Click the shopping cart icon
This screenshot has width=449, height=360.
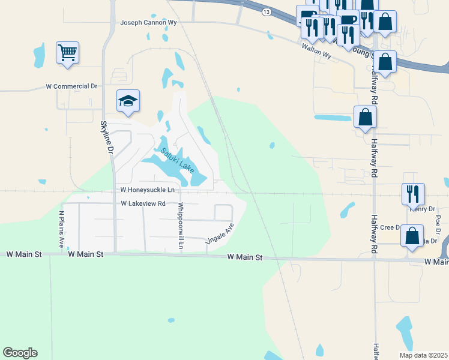tap(68, 52)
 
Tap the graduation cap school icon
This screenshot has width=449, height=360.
tap(128, 100)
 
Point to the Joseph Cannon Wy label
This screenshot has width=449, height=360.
tap(149, 23)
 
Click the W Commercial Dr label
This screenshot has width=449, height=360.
tap(71, 86)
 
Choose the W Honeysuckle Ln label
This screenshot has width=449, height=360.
tap(147, 190)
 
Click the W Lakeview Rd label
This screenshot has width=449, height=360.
tap(143, 204)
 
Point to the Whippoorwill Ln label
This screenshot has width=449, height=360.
tap(180, 225)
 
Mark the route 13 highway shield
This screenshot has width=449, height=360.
tap(266, 11)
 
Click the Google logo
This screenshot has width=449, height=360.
tap(20, 353)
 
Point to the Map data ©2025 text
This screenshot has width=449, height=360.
tap(423, 355)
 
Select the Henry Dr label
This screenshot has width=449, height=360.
tap(421, 209)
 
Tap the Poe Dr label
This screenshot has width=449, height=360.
tap(438, 223)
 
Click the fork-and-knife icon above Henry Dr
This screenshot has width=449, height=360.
tap(413, 193)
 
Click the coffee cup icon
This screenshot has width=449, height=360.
tap(348, 20)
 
